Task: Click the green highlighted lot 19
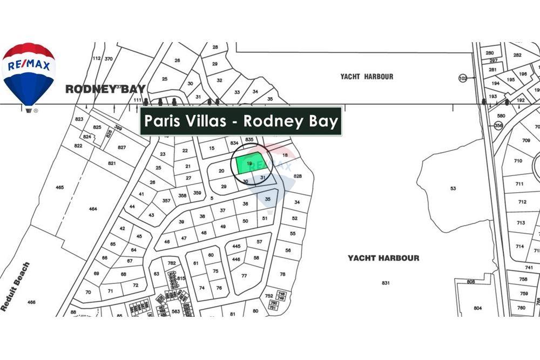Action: [249, 164]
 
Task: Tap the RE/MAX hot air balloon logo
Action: [29, 76]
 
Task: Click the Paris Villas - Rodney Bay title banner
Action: [241, 121]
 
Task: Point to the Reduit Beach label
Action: [15, 287]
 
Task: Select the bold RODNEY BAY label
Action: [105, 89]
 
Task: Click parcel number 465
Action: [59, 187]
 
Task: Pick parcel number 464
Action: [93, 208]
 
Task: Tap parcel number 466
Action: [31, 302]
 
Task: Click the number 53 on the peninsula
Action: [453, 188]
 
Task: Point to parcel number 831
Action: [386, 283]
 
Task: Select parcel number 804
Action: [477, 308]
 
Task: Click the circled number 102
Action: [462, 78]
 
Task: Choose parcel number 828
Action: [297, 176]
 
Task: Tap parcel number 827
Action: [122, 147]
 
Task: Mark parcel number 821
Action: [112, 163]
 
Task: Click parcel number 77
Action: [244, 275]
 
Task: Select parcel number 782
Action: [172, 263]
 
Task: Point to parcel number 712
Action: [522, 202]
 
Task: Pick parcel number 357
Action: [166, 201]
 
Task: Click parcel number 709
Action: [526, 140]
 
